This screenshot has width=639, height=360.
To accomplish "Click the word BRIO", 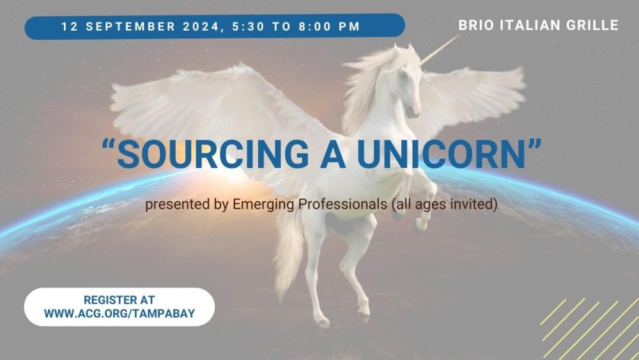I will coord(475,26).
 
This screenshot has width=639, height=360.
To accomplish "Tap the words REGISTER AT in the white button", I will coord(119,300).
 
